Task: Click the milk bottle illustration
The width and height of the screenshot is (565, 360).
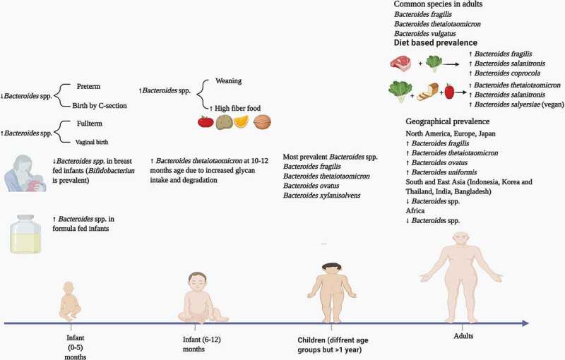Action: click(25, 234)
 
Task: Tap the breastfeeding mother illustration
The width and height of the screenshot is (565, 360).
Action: click(25, 173)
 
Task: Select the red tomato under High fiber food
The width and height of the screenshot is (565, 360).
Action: click(206, 121)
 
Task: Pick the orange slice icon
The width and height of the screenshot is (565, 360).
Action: click(241, 121)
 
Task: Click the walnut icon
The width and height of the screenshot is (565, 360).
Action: click(262, 122)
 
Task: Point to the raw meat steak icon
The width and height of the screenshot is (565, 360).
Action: click(400, 63)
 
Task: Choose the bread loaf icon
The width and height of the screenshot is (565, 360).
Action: click(428, 92)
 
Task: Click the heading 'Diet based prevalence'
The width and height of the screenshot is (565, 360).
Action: click(435, 43)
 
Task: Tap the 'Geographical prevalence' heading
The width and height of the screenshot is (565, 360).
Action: click(448, 121)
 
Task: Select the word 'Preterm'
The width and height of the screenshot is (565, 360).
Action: click(88, 86)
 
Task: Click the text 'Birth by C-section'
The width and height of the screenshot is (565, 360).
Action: click(100, 105)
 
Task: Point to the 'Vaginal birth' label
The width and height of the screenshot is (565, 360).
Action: click(92, 142)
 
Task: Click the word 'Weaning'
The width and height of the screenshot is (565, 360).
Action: click(228, 80)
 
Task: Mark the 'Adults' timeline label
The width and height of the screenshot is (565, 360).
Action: click(463, 336)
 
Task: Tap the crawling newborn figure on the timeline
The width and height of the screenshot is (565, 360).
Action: click(69, 301)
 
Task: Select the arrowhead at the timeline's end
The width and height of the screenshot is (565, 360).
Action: click(525, 323)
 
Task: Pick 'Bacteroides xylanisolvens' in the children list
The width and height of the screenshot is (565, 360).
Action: click(321, 196)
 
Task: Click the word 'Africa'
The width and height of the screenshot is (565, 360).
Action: click(415, 210)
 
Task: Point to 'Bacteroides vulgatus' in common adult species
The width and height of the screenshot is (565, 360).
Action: click(425, 33)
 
